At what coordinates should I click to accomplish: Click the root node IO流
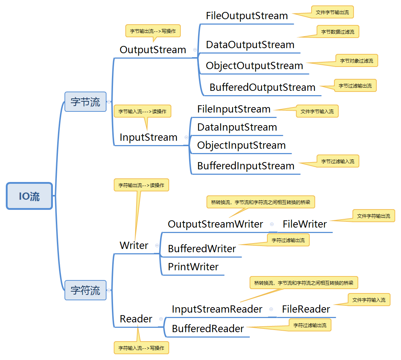(30, 196)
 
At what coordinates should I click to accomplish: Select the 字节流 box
(85, 102)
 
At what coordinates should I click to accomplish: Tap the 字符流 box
(85, 290)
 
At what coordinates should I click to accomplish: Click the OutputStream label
(153, 50)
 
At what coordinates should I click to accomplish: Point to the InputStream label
(149, 137)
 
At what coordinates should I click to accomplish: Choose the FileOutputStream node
(247, 16)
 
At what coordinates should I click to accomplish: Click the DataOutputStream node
(250, 45)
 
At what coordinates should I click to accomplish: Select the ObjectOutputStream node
(254, 66)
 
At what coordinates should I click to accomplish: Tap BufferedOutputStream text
(262, 88)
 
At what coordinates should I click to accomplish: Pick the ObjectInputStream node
(241, 145)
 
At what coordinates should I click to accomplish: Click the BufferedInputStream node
(246, 166)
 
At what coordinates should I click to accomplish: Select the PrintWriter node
(193, 267)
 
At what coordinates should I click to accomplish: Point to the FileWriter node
(305, 224)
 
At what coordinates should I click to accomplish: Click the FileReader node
(306, 309)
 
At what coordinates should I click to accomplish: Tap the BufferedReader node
(208, 329)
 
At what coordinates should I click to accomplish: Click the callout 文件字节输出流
(332, 12)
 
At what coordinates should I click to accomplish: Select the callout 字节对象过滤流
(356, 61)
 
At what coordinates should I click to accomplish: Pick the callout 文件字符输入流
(369, 300)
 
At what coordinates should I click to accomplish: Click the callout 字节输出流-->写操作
(153, 31)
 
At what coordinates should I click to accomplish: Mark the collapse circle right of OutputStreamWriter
(272, 224)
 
